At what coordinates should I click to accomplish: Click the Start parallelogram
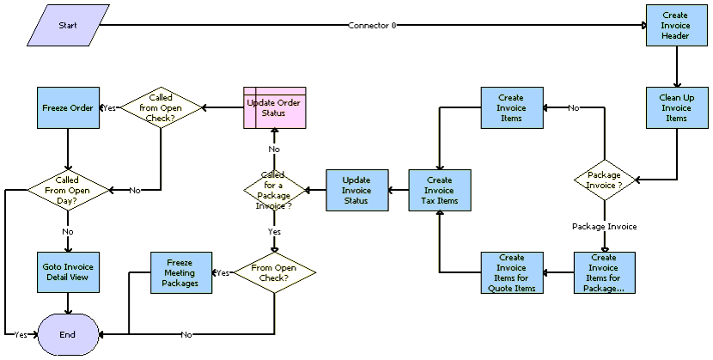68,26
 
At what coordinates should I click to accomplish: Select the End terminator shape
68,334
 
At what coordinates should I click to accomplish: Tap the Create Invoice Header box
677,26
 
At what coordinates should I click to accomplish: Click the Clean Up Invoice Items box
677,107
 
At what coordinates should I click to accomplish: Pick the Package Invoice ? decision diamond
604,180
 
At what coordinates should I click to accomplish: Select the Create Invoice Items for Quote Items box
512,272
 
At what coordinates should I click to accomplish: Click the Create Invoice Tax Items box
440,191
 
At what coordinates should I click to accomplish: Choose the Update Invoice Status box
357,191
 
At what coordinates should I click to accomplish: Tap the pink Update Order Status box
275,107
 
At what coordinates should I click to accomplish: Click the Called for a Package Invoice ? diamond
274,191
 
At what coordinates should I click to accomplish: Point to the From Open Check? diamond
275,272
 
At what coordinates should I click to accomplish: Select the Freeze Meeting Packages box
181,272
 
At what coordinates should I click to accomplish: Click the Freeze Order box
68,107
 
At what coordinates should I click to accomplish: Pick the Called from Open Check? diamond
161,107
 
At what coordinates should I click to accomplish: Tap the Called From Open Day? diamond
68,191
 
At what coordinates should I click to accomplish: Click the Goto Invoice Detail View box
68,272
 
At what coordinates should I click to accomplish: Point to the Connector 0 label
372,26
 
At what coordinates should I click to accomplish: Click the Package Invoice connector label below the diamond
604,226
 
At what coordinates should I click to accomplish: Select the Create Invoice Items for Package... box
604,272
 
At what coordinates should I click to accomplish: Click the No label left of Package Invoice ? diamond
574,108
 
